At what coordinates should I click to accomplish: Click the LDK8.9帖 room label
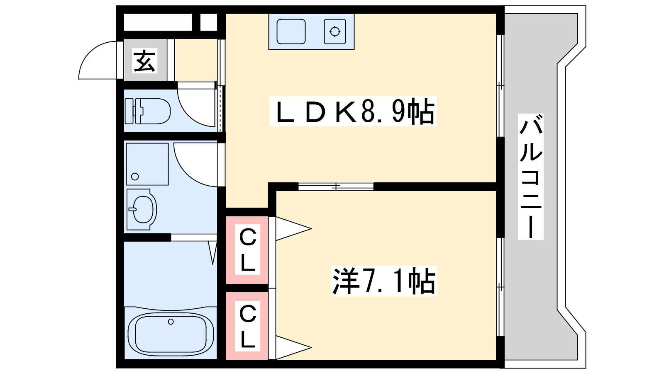[353, 111]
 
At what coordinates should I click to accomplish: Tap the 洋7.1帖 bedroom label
[384, 281]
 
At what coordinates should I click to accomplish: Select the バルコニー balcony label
[530, 177]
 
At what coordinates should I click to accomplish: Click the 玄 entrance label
[144, 61]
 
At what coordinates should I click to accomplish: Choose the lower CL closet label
[247, 326]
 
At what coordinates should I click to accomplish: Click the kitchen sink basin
[291, 31]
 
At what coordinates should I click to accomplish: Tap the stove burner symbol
[335, 31]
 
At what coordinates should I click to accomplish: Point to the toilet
[147, 111]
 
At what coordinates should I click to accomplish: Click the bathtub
[171, 334]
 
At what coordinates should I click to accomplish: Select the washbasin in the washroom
[142, 209]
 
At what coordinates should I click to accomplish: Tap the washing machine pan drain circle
[135, 177]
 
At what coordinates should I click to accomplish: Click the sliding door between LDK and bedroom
[336, 186]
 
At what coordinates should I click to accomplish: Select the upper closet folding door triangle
[293, 228]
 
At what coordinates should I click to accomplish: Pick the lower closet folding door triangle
[293, 347]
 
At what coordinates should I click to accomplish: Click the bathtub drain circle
[171, 322]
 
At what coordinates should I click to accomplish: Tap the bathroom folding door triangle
[213, 252]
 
